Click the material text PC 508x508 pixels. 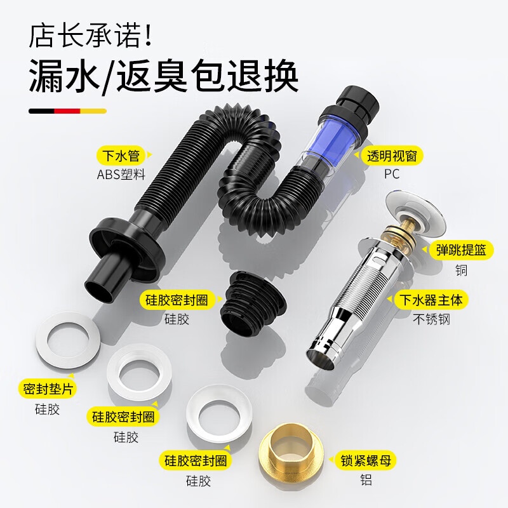[x=392, y=175]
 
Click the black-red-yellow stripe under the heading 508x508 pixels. [x=66, y=110]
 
